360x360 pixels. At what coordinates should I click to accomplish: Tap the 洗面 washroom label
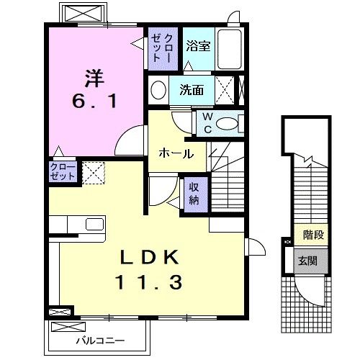(x=192, y=91)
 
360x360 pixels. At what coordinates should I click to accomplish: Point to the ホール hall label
(x=174, y=153)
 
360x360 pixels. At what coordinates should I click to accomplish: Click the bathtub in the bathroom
(x=229, y=50)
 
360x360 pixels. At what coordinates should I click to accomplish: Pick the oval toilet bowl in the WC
(x=229, y=123)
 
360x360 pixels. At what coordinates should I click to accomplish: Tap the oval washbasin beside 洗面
(x=158, y=91)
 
